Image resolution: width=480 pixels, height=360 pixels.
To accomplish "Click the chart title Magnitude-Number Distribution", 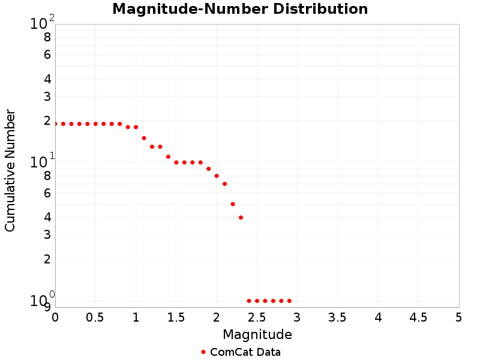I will click(x=240, y=9).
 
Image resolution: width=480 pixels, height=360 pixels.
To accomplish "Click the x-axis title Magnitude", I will click(x=257, y=334).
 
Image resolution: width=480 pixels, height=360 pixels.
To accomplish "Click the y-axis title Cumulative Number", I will click(x=10, y=170).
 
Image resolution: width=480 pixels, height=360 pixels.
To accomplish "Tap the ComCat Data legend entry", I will click(x=241, y=352).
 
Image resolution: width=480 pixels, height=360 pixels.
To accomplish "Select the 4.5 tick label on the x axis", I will click(x=418, y=316).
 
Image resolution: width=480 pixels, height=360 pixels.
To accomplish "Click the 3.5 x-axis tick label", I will click(x=338, y=316).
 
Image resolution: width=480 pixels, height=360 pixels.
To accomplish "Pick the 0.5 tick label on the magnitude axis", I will click(x=95, y=316).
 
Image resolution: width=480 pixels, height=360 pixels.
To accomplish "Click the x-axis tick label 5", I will click(x=459, y=316).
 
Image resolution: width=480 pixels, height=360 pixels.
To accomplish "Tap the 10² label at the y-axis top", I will click(x=42, y=23).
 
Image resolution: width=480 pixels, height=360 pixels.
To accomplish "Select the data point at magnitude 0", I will click(x=55, y=124).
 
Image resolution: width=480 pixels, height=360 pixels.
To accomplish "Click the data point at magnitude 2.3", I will click(x=241, y=217).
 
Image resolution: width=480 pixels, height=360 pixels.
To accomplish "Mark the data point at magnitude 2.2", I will click(x=233, y=204).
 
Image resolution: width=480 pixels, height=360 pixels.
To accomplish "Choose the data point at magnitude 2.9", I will click(x=289, y=301).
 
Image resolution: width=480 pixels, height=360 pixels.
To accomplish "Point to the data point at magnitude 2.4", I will click(x=249, y=301).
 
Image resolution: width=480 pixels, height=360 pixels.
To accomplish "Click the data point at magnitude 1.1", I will click(x=144, y=138).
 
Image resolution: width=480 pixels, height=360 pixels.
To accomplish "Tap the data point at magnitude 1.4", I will click(x=168, y=157).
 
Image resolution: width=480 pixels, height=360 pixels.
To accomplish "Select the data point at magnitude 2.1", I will click(x=224, y=184).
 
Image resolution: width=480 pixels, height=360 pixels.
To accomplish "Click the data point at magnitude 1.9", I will click(x=208, y=169).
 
